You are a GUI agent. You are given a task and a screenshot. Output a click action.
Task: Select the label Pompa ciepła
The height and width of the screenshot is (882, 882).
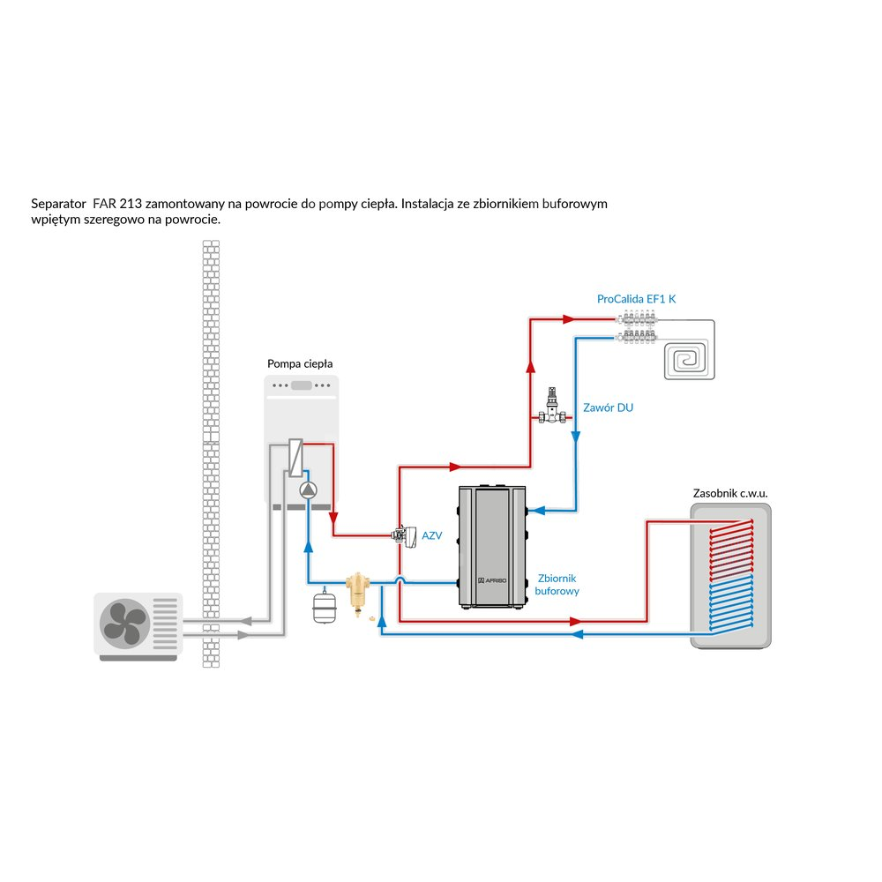[x=300, y=363]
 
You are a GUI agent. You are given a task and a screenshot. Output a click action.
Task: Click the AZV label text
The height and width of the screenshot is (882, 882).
[x=431, y=535]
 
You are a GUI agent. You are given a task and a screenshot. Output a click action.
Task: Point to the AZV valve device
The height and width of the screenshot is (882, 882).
[x=406, y=534]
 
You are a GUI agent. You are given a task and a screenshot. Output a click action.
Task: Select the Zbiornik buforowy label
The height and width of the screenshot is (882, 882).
[x=557, y=584]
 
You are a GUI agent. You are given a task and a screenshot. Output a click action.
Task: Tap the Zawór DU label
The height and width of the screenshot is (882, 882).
[x=608, y=408]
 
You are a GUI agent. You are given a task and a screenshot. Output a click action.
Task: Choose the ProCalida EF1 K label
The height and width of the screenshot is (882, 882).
[x=636, y=299]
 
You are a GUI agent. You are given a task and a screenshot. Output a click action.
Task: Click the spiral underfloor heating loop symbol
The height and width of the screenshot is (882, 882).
[x=688, y=359]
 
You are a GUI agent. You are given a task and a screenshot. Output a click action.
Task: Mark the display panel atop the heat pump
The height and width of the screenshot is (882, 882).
[x=302, y=385]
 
